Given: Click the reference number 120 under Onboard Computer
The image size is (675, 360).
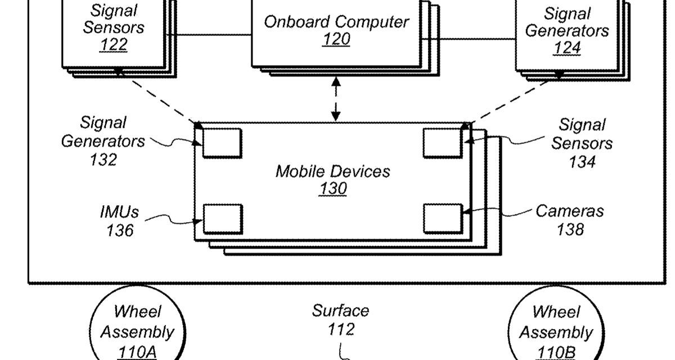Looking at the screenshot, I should (336, 39).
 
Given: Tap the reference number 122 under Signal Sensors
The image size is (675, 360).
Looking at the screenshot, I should (114, 44).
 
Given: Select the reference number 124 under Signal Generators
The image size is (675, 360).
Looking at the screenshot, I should (566, 48).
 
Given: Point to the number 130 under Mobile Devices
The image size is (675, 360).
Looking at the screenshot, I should (332, 189).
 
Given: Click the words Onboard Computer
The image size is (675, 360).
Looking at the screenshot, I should (336, 22).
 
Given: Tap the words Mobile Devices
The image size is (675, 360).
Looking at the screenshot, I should (332, 171).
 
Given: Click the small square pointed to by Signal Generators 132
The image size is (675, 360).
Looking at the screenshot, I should (222, 143).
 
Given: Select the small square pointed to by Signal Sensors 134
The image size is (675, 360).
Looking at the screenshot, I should (442, 143).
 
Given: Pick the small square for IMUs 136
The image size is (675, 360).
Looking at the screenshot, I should (222, 219).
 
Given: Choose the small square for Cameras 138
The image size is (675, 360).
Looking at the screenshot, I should (442, 219).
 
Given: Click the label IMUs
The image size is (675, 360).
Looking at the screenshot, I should (119, 212).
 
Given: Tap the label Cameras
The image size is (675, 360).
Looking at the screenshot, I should (569, 211).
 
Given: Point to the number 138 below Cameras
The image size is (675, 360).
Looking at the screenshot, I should (570, 229).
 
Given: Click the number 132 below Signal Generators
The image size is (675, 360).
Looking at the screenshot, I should (103, 160).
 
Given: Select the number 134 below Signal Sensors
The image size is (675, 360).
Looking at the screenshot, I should (582, 162).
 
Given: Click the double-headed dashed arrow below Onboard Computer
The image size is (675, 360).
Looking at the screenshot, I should (336, 99).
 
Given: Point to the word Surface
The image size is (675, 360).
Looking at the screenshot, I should (341, 310).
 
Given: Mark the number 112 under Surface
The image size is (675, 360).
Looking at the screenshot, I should (341, 329).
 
